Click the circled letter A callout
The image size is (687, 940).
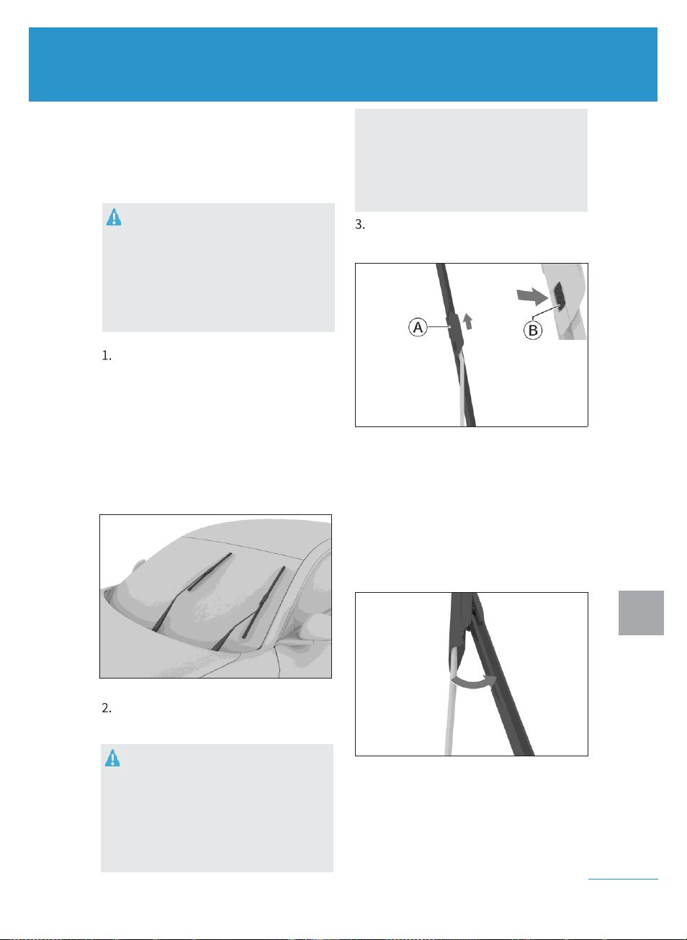tap(418, 327)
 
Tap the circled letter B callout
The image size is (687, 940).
tap(533, 330)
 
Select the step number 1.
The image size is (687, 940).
tap(107, 356)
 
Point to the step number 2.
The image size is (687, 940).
tap(107, 708)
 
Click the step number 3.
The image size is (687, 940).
tap(360, 225)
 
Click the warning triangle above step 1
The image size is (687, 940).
tap(114, 218)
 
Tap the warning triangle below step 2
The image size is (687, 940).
tap(112, 758)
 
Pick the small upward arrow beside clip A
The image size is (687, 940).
tap(467, 321)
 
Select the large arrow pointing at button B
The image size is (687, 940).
tap(533, 296)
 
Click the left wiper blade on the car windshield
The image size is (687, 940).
tap(210, 571)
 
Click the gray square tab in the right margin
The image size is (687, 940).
tap(641, 613)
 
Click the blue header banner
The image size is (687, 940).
tap(343, 64)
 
